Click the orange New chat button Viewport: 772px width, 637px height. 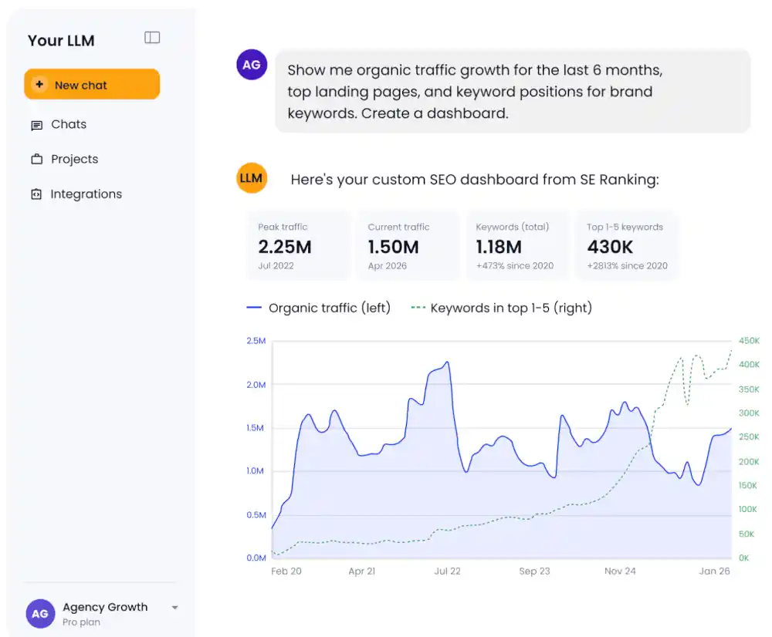click(92, 84)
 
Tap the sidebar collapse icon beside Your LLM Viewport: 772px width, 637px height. click(152, 37)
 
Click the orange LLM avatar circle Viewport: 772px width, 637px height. click(252, 178)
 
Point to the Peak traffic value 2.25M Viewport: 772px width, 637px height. click(285, 247)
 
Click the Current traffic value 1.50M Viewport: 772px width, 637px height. click(394, 247)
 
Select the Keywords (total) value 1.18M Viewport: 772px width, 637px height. click(499, 247)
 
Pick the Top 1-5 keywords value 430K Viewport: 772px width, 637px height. click(610, 247)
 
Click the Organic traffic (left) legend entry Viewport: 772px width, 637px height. click(319, 308)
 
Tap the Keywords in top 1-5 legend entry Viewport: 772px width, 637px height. click(502, 308)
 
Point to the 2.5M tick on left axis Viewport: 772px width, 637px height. click(256, 341)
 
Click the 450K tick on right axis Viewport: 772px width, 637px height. click(749, 341)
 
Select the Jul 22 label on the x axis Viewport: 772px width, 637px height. click(447, 571)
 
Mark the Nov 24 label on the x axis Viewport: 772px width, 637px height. click(620, 571)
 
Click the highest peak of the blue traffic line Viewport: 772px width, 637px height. click(447, 362)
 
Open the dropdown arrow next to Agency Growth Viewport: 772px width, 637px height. click(174, 608)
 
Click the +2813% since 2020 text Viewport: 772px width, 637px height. click(627, 265)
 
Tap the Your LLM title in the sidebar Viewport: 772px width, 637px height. click(61, 40)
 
